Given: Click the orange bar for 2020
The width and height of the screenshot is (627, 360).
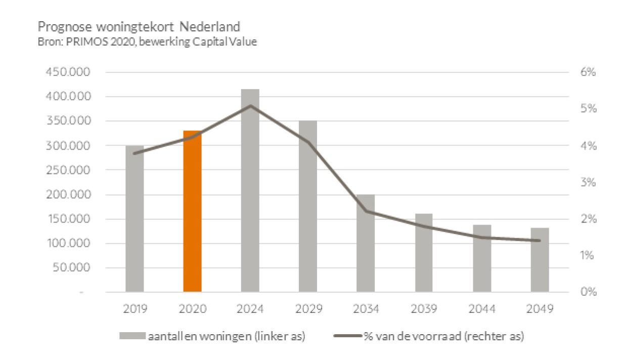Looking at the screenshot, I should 192,211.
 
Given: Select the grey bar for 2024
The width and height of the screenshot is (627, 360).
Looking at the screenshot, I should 250,191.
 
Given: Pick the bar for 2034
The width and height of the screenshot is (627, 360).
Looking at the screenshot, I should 366,243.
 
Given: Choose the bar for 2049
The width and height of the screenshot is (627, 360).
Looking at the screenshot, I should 540,260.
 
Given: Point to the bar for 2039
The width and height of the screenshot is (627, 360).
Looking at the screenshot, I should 424,253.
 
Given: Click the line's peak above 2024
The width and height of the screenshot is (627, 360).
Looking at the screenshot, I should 250,106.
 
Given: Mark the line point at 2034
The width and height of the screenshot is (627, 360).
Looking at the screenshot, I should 366,211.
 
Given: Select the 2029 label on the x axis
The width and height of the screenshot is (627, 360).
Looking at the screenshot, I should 308,309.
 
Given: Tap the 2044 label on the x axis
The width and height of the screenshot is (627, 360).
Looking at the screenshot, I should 481,309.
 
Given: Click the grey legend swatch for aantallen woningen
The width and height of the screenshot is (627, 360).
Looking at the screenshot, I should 132,336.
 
